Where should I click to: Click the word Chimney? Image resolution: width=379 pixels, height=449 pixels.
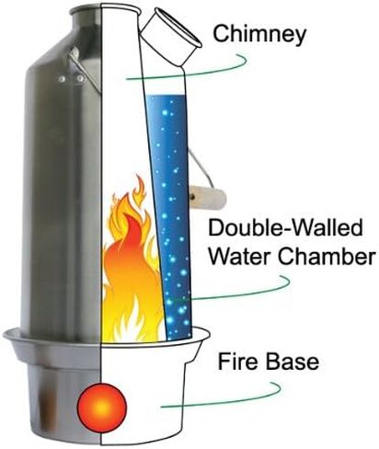click(x=259, y=35)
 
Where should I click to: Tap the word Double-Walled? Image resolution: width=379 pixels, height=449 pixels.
click(x=286, y=228)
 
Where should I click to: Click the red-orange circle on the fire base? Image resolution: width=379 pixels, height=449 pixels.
click(x=102, y=408)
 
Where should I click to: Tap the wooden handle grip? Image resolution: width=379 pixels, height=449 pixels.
click(x=208, y=198)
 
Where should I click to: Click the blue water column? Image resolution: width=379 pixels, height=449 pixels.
click(x=169, y=214)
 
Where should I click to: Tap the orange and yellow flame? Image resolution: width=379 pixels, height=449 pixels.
click(x=132, y=270)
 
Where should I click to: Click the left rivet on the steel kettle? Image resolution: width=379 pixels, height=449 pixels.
click(x=62, y=79)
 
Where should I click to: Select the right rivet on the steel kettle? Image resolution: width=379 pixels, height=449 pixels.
click(x=80, y=79)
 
